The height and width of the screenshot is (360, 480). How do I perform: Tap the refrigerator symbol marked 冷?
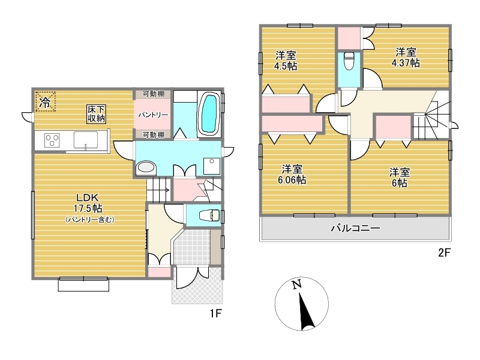point(46,101)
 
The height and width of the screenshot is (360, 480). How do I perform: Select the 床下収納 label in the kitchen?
point(96,114)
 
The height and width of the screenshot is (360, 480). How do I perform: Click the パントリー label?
point(153,115)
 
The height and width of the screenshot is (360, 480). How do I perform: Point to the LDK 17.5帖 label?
point(88,203)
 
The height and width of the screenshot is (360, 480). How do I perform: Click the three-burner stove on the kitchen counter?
point(52,140)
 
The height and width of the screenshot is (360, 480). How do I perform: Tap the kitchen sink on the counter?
point(86,140)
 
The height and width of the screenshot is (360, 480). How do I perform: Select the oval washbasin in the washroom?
point(146,167)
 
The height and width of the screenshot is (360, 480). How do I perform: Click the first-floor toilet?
point(209,215)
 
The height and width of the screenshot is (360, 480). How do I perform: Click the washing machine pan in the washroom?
point(212,166)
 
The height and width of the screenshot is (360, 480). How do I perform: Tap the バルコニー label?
point(355,228)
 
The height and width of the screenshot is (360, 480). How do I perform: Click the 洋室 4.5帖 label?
point(286,61)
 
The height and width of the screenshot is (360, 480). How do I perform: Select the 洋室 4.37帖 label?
point(406,57)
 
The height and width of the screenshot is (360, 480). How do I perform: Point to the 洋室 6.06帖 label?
point(292,174)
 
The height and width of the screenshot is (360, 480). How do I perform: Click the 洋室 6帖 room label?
point(399,178)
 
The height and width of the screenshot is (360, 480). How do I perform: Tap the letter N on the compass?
point(296,284)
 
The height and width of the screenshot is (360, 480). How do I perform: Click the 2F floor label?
point(445,253)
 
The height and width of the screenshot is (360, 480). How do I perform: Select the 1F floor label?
point(215,313)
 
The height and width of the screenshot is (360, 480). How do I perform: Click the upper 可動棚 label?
point(154,94)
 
